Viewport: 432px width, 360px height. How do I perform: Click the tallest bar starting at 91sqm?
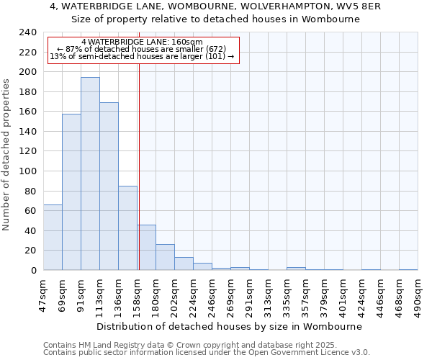coord(90,174)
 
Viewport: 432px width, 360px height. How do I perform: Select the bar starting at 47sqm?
coord(53,238)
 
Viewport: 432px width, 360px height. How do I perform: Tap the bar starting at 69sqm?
coord(71,192)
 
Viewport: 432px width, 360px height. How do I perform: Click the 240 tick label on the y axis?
coord(28,32)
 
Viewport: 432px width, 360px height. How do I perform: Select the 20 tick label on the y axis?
coord(31,251)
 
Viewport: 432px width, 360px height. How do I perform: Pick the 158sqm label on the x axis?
coord(138,294)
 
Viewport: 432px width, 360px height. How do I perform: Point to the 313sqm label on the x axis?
coord(269,294)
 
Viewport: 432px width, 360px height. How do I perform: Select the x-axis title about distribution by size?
coord(228,326)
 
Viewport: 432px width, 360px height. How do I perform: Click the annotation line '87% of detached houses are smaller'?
coord(142,49)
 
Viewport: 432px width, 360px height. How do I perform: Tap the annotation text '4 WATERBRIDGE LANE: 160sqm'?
coord(142,42)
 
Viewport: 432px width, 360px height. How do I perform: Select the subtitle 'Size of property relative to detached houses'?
coord(216,19)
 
